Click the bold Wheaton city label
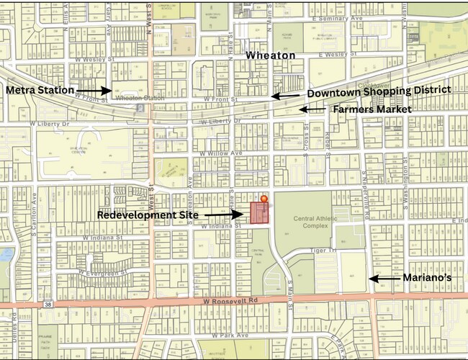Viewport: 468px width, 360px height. (x=271, y=55)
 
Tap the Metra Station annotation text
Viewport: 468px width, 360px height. (x=40, y=91)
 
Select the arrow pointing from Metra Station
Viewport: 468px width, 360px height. (x=94, y=91)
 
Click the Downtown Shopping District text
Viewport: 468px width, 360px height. (x=379, y=92)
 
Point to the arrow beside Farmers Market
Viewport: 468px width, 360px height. (x=312, y=109)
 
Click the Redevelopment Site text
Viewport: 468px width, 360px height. (x=147, y=215)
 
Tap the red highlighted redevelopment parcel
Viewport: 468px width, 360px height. (x=258, y=213)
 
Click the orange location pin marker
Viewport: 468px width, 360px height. (x=264, y=198)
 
